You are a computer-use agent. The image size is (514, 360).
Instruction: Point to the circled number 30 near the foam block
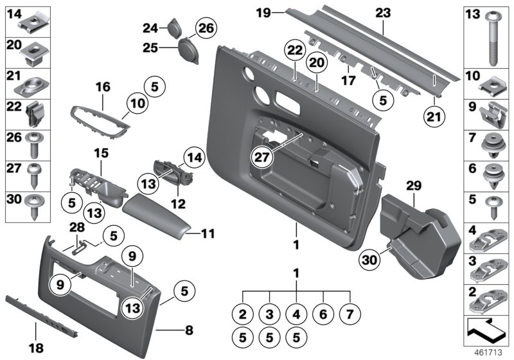click(369, 261)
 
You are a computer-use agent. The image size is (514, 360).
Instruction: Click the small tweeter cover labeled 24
click(173, 27)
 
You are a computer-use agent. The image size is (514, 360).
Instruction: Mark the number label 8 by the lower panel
click(189, 330)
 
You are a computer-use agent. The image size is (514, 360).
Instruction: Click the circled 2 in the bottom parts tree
click(242, 314)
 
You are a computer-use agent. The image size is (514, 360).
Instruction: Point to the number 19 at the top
click(262, 12)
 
